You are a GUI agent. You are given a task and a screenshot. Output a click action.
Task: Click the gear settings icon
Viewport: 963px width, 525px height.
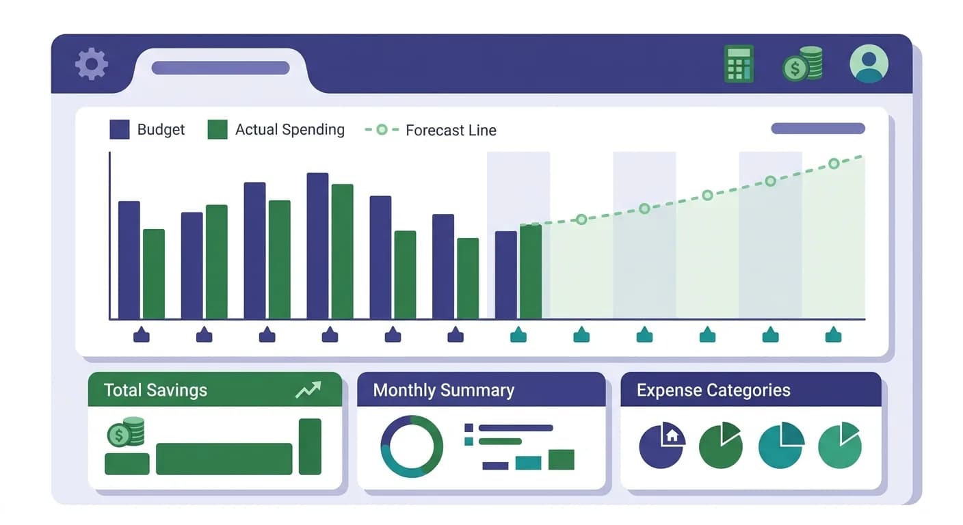pos(92,64)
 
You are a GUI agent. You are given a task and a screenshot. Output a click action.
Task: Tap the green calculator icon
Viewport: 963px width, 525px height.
pos(739,64)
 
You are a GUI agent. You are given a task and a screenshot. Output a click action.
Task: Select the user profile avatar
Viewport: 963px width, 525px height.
pos(869,64)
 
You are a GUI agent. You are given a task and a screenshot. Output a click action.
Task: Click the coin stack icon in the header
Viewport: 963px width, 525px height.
pos(803,64)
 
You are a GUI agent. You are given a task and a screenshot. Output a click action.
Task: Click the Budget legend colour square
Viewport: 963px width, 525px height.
pos(120,130)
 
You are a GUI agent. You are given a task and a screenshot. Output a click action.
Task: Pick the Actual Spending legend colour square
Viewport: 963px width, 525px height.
pos(217,130)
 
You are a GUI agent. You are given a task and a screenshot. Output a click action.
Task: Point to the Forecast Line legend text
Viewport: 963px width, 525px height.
pos(451,131)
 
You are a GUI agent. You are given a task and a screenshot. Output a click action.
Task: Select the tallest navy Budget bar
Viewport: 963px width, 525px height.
pos(317,245)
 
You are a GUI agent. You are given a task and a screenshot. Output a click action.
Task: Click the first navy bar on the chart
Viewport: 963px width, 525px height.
pos(129,260)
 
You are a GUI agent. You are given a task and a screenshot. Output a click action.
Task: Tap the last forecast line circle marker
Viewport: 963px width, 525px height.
pos(834,163)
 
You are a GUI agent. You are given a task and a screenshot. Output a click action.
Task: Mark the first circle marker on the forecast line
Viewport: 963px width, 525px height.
pos(581,219)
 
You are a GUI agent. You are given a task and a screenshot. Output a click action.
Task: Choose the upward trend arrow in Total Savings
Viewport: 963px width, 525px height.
pos(308,390)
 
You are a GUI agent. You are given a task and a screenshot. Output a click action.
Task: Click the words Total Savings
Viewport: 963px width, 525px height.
pos(155,390)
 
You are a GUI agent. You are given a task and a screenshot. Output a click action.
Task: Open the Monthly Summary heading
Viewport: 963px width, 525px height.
pos(443,390)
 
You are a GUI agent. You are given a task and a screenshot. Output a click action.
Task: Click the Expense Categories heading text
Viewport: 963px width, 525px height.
pos(713,390)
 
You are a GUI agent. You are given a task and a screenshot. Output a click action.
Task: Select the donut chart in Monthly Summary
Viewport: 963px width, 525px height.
pos(412,446)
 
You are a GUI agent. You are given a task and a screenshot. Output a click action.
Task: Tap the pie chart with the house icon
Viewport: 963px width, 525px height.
pos(661,446)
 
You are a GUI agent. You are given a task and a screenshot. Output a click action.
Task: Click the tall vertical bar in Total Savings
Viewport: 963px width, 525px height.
pos(310,446)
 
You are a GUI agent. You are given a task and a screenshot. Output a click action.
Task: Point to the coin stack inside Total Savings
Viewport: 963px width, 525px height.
pos(126,432)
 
